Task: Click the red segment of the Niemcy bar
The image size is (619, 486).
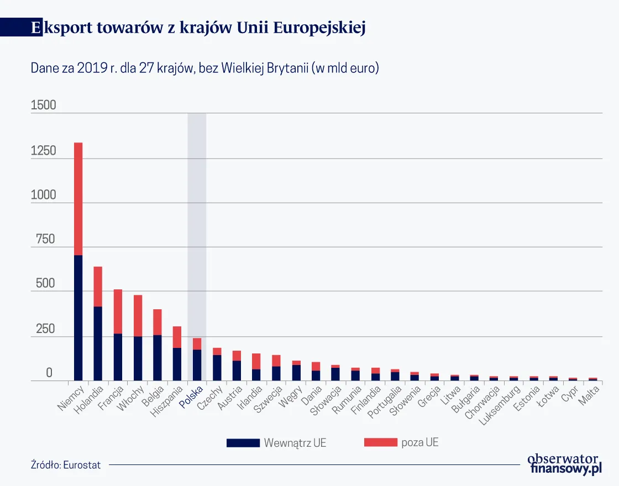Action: pos(78,199)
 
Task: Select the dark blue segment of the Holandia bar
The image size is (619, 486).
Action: pos(98,342)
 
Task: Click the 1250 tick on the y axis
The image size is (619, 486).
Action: pos(44,151)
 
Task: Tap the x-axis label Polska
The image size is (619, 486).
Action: pos(192,397)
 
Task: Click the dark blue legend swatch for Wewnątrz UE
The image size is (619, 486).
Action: pos(243,443)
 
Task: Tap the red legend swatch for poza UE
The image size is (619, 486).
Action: pos(381,443)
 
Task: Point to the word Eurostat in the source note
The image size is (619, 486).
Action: pos(82,465)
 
